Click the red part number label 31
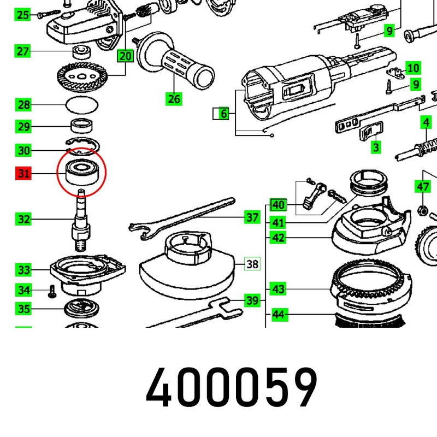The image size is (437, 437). pos(23,173)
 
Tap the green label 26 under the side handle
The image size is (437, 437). pos(174,99)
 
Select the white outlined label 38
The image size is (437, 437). pos(252,264)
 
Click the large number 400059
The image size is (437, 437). pos(231,388)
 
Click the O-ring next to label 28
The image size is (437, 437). pos(82,105)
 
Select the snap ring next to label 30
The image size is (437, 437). pos(83,146)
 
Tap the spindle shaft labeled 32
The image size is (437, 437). pos(81,220)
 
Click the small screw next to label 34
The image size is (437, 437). pos(52,291)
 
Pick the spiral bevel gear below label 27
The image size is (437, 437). pos(82,78)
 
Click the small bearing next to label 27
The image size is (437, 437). pos(81,52)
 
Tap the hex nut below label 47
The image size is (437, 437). pos(422,210)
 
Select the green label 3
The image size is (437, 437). pos(376,147)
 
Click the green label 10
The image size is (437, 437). pos(413,68)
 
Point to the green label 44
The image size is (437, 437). pos(278,315)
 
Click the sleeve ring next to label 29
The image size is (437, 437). pos(81,126)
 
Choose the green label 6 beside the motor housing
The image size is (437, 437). pos(223,114)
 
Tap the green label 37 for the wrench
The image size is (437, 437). pos(252,217)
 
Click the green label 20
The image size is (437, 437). pos(126,56)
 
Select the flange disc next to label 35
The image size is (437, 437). pos(81,308)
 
